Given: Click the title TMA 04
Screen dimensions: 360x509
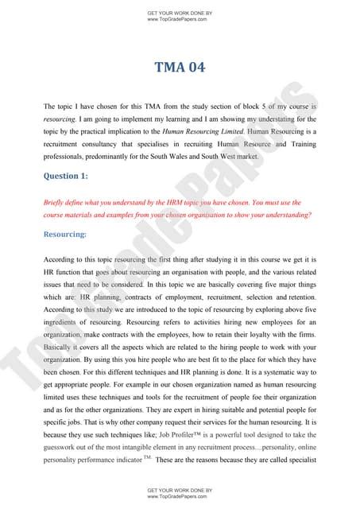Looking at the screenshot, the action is click(x=180, y=68).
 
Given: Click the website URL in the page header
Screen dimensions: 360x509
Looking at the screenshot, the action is click(x=180, y=19).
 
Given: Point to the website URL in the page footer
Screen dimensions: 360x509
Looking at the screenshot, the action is click(x=180, y=495).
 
